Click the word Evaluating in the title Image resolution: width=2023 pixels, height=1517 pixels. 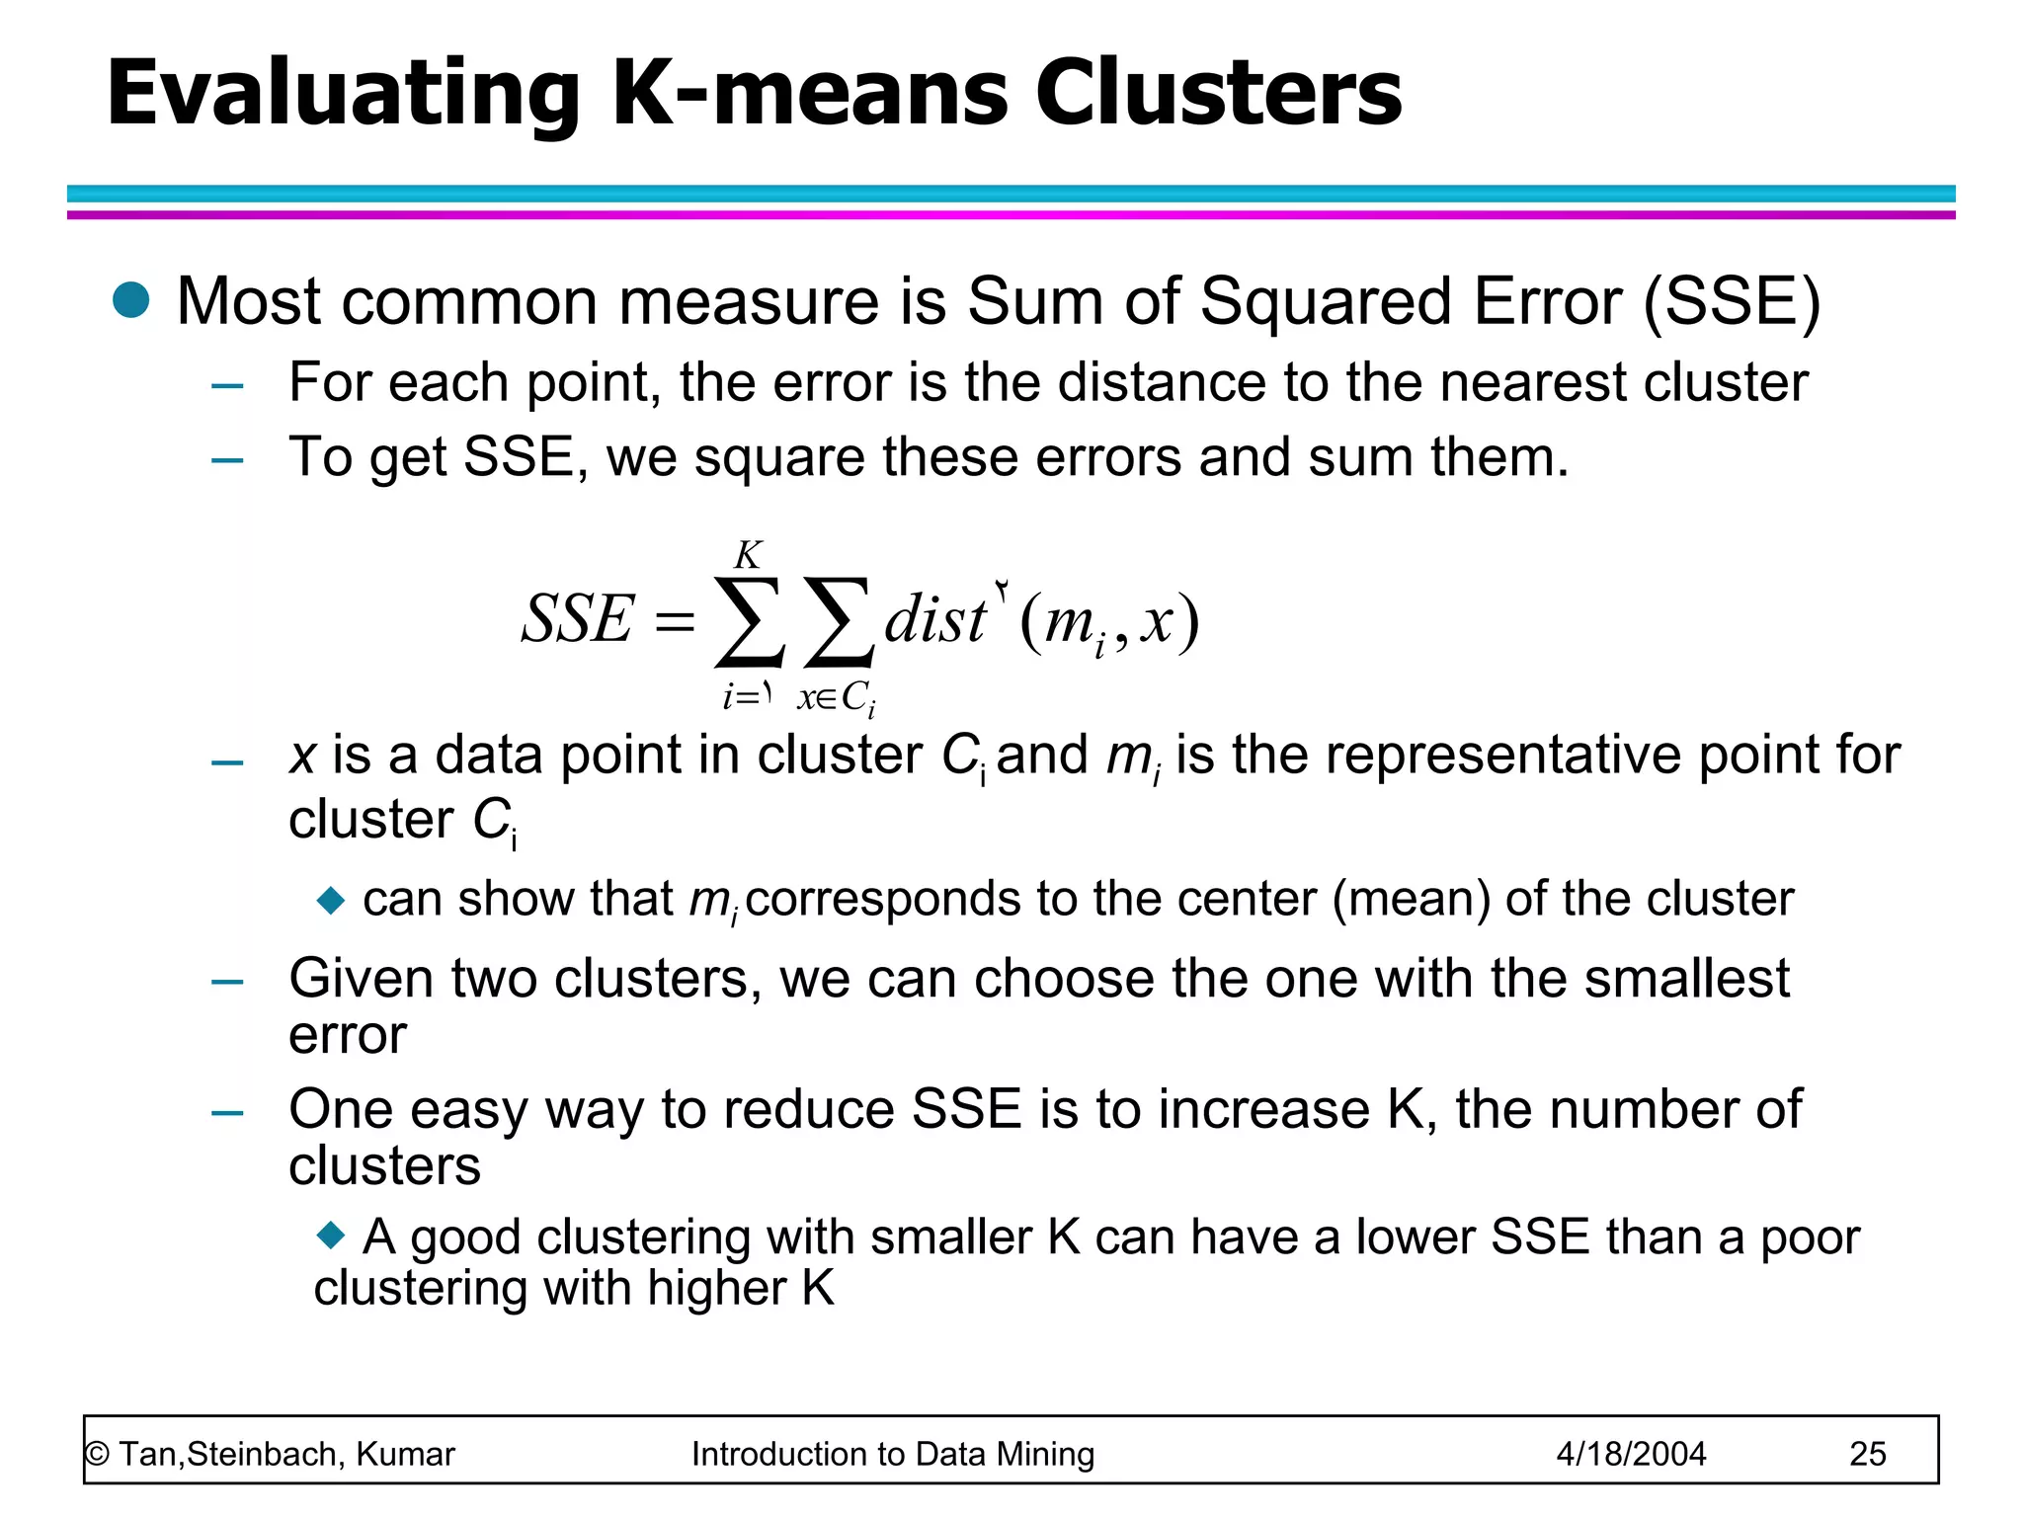click(342, 93)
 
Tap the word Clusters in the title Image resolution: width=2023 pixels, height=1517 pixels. click(1217, 93)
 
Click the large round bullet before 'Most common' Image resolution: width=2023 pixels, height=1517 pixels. click(130, 300)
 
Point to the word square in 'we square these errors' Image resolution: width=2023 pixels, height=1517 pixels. click(780, 457)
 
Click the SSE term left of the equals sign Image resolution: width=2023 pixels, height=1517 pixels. click(577, 619)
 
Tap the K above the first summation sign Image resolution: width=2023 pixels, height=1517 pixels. click(748, 555)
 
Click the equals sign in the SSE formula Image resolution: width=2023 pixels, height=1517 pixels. click(675, 622)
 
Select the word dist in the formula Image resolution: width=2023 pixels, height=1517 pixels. click(934, 621)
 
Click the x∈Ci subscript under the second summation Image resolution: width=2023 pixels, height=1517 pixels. click(836, 698)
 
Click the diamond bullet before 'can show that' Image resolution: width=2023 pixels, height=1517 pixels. click(331, 900)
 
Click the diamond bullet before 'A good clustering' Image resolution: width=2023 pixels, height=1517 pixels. click(331, 1234)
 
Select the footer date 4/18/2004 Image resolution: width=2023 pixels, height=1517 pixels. click(1631, 1454)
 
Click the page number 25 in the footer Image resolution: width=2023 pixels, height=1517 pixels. click(1867, 1454)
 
